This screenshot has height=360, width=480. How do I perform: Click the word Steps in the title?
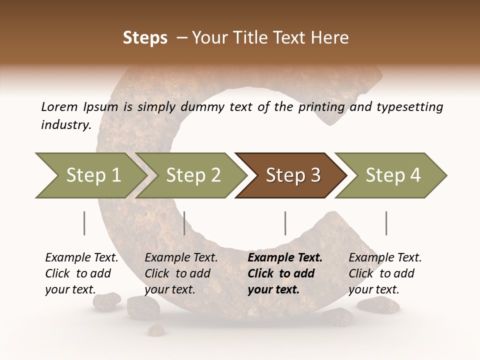coord(145,38)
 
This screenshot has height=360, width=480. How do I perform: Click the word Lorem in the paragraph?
coord(59,106)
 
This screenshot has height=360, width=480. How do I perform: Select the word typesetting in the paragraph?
coord(408,106)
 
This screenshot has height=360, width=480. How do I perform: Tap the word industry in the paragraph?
coord(66,124)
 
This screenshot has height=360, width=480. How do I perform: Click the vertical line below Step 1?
coord(84,223)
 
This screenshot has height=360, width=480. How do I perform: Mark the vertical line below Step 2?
coord(184,223)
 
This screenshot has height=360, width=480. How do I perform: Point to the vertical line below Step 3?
coord(285,223)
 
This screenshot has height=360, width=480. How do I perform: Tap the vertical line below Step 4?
coord(386,223)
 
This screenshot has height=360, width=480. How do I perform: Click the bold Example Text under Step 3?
coord(285,258)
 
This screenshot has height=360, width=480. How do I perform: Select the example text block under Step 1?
coord(81,273)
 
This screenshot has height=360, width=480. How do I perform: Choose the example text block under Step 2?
coord(181,273)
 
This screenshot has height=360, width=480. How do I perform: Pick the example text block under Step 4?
coord(385,273)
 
